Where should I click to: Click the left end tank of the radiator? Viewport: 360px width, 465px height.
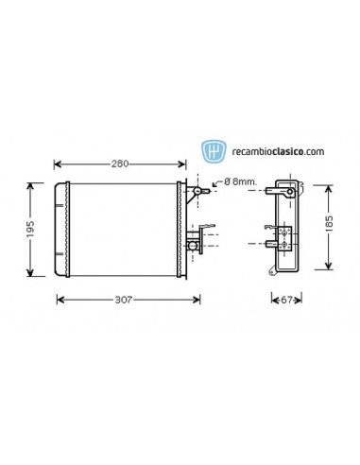[x=61, y=230]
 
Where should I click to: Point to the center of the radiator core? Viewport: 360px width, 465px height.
[x=128, y=230]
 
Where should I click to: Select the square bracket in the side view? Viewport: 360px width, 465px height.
[x=283, y=232]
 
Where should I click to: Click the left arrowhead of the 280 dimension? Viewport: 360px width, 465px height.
[x=60, y=164]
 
